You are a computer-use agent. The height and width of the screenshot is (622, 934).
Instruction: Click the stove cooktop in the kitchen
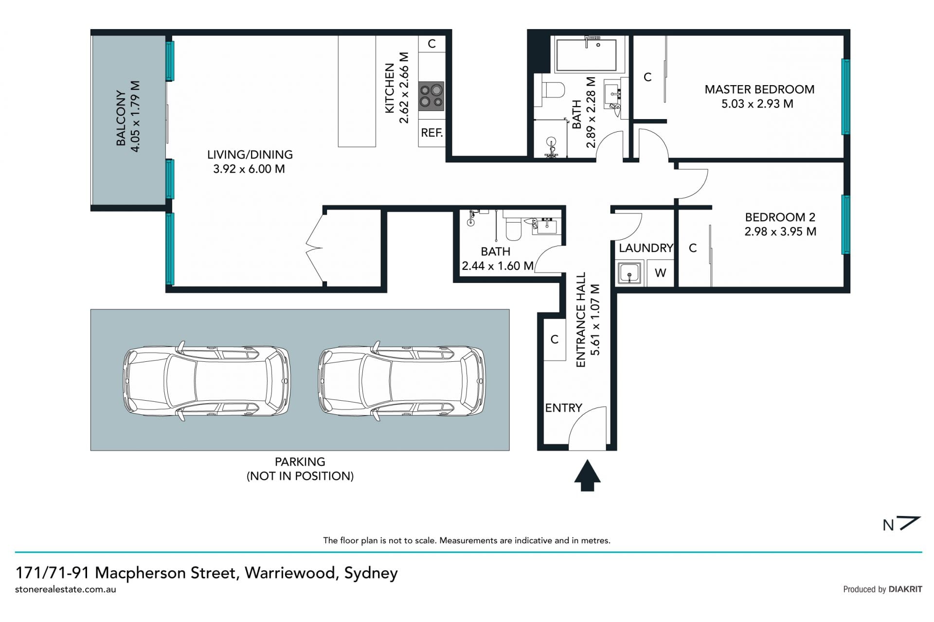click(431, 96)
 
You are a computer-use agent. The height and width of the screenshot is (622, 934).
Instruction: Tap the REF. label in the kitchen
click(431, 133)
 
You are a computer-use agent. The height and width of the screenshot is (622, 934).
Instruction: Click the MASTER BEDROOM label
click(759, 89)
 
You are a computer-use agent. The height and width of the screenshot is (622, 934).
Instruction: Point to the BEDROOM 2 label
click(780, 217)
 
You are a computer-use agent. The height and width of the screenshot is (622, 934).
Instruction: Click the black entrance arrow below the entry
click(587, 475)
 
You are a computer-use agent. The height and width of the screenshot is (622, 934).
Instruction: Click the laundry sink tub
click(629, 273)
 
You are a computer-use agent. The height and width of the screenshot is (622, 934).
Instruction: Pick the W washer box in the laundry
click(660, 273)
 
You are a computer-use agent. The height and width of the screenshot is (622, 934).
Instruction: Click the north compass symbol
click(902, 524)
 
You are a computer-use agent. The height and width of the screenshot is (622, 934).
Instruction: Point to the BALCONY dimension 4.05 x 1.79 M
click(135, 116)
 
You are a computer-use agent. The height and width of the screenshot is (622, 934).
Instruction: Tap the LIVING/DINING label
click(250, 155)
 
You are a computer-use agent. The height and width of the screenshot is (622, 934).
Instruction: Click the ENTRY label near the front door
click(563, 408)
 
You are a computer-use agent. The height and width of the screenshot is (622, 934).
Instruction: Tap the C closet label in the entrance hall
click(554, 339)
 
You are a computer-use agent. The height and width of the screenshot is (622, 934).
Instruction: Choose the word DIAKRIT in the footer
click(905, 589)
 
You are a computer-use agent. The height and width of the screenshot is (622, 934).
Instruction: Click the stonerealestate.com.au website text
click(66, 589)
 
